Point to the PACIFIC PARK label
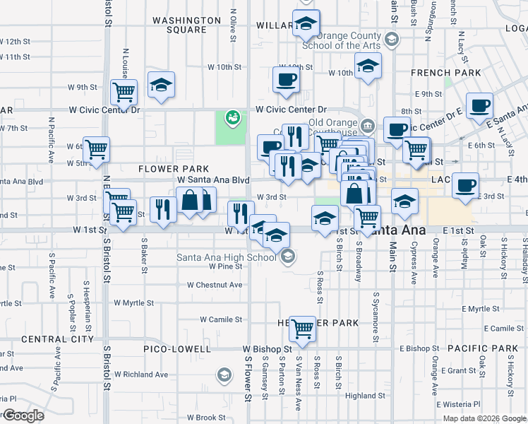pyautogui.click(x=482, y=348)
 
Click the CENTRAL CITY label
pyautogui.click(x=48, y=339)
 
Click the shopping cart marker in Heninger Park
pyautogui.click(x=302, y=327)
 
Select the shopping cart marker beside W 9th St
pyautogui.click(x=124, y=91)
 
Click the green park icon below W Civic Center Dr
pyautogui.click(x=232, y=117)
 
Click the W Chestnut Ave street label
pyautogui.click(x=215, y=285)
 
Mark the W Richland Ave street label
pyautogui.click(x=141, y=374)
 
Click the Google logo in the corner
pyautogui.click(x=23, y=416)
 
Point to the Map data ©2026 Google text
pyautogui.click(x=484, y=418)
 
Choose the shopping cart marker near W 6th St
pyautogui.click(x=96, y=149)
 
